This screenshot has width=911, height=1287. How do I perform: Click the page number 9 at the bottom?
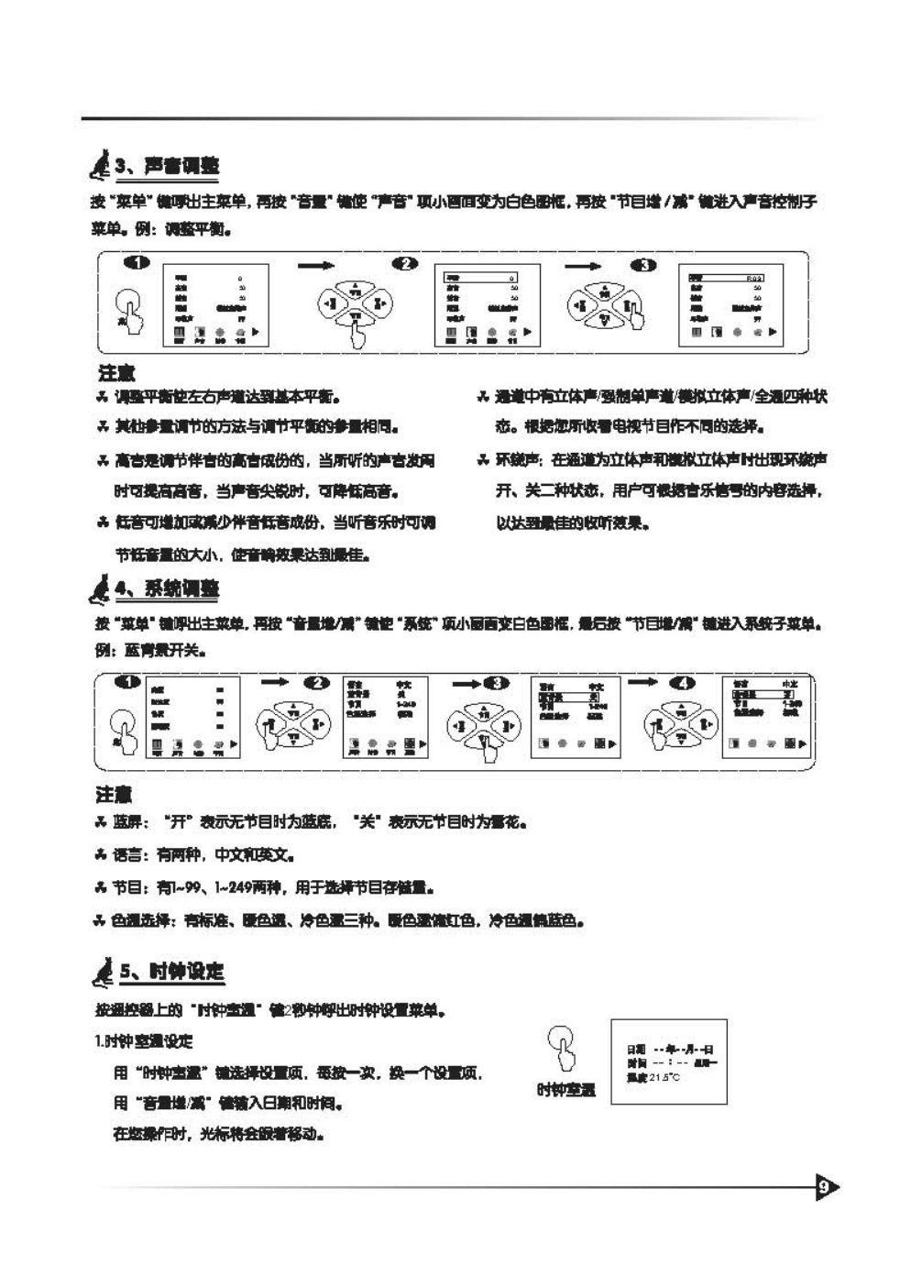(825, 1188)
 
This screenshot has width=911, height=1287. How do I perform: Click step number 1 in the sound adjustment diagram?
(137, 264)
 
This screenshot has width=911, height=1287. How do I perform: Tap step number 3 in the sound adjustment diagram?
(643, 265)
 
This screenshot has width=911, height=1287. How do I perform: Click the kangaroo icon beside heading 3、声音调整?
(100, 167)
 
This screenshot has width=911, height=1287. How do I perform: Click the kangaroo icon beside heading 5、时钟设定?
(104, 972)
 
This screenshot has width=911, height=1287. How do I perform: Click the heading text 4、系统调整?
(168, 588)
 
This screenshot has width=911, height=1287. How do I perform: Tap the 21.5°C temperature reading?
(664, 1077)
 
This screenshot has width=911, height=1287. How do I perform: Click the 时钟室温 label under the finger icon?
(565, 1090)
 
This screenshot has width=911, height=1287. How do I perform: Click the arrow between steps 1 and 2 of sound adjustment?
(316, 265)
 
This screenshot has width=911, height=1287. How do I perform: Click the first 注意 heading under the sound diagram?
(116, 373)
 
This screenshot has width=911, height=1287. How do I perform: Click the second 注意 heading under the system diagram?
(114, 794)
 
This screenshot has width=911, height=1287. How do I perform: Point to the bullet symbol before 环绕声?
(482, 459)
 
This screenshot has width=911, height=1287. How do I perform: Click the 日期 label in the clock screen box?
(635, 1050)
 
